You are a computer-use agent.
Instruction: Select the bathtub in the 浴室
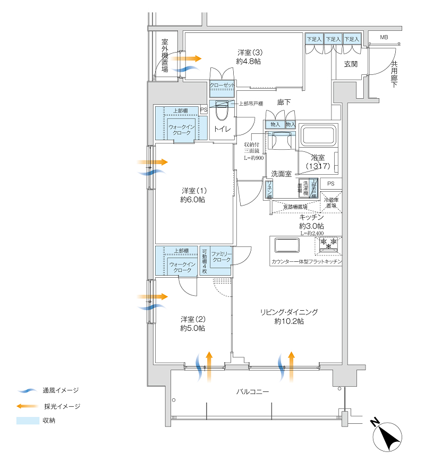(x=318, y=136)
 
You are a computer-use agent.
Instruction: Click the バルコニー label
(x=252, y=392)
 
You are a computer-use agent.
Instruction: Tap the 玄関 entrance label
(x=351, y=64)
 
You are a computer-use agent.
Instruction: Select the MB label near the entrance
(x=384, y=38)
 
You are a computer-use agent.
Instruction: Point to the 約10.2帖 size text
(x=289, y=322)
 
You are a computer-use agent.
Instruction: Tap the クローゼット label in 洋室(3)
(x=222, y=85)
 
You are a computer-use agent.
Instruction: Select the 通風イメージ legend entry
(x=60, y=390)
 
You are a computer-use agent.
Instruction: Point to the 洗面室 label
(x=282, y=174)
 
